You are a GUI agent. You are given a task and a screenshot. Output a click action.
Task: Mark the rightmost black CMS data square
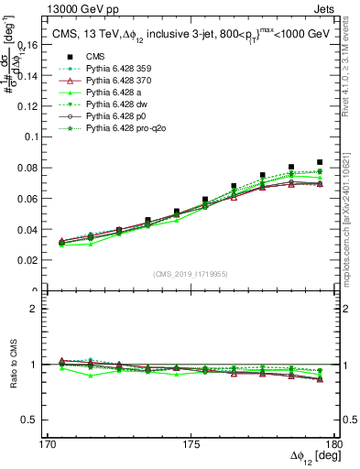[320, 162]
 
